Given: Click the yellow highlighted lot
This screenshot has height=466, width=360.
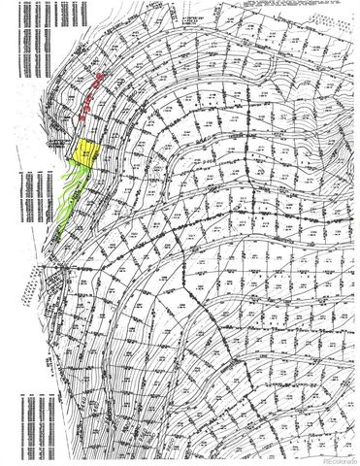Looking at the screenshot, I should click(86, 153).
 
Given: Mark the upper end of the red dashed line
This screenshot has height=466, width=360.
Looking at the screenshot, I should click(102, 76).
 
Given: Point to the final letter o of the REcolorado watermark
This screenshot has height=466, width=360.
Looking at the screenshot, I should click(355, 459).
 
